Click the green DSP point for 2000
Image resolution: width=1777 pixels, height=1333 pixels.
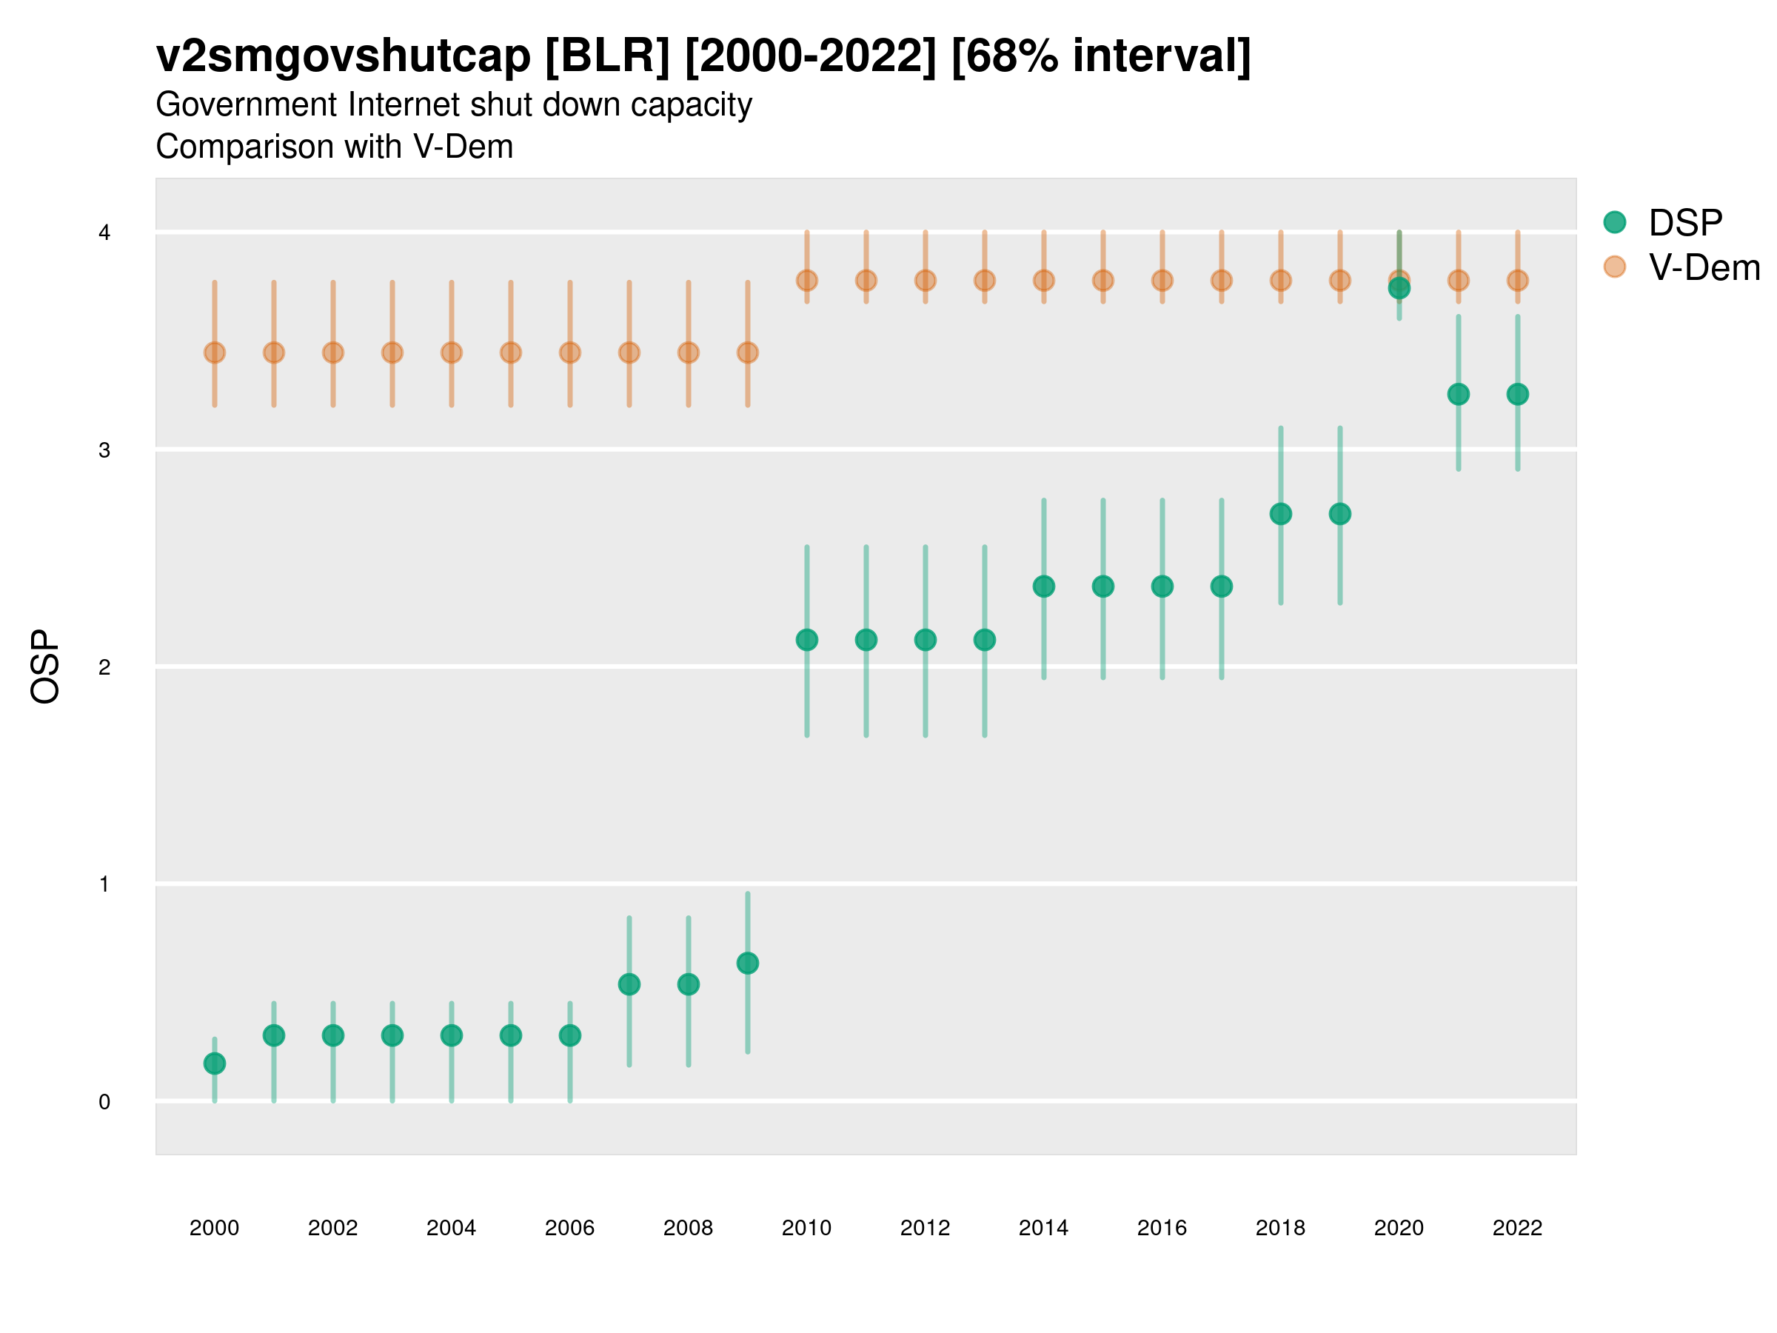click(215, 1063)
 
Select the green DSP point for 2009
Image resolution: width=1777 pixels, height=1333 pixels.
click(747, 963)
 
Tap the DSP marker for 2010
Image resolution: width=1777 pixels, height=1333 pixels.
click(806, 640)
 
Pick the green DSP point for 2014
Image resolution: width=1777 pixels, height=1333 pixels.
click(1043, 587)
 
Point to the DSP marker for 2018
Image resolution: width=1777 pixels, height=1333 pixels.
click(1280, 513)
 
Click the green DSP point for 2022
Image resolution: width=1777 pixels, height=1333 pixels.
click(1518, 394)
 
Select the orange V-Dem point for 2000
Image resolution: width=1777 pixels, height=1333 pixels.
click(215, 352)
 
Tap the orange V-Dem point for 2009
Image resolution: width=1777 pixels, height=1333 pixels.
click(747, 352)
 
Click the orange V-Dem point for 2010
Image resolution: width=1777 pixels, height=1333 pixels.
click(806, 281)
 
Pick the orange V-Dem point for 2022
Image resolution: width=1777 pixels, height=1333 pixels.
click(1518, 281)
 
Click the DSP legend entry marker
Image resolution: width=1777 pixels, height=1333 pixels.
click(1615, 221)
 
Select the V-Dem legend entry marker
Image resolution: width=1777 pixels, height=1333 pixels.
click(1615, 267)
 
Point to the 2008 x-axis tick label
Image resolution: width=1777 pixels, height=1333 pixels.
click(688, 1228)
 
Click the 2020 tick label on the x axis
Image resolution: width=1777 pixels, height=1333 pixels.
click(1399, 1228)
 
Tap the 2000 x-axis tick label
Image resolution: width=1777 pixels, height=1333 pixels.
click(215, 1228)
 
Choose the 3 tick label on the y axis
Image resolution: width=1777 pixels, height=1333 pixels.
click(104, 450)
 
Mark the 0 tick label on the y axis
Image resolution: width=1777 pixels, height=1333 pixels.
click(104, 1102)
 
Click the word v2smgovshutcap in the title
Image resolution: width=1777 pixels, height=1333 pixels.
click(343, 56)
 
